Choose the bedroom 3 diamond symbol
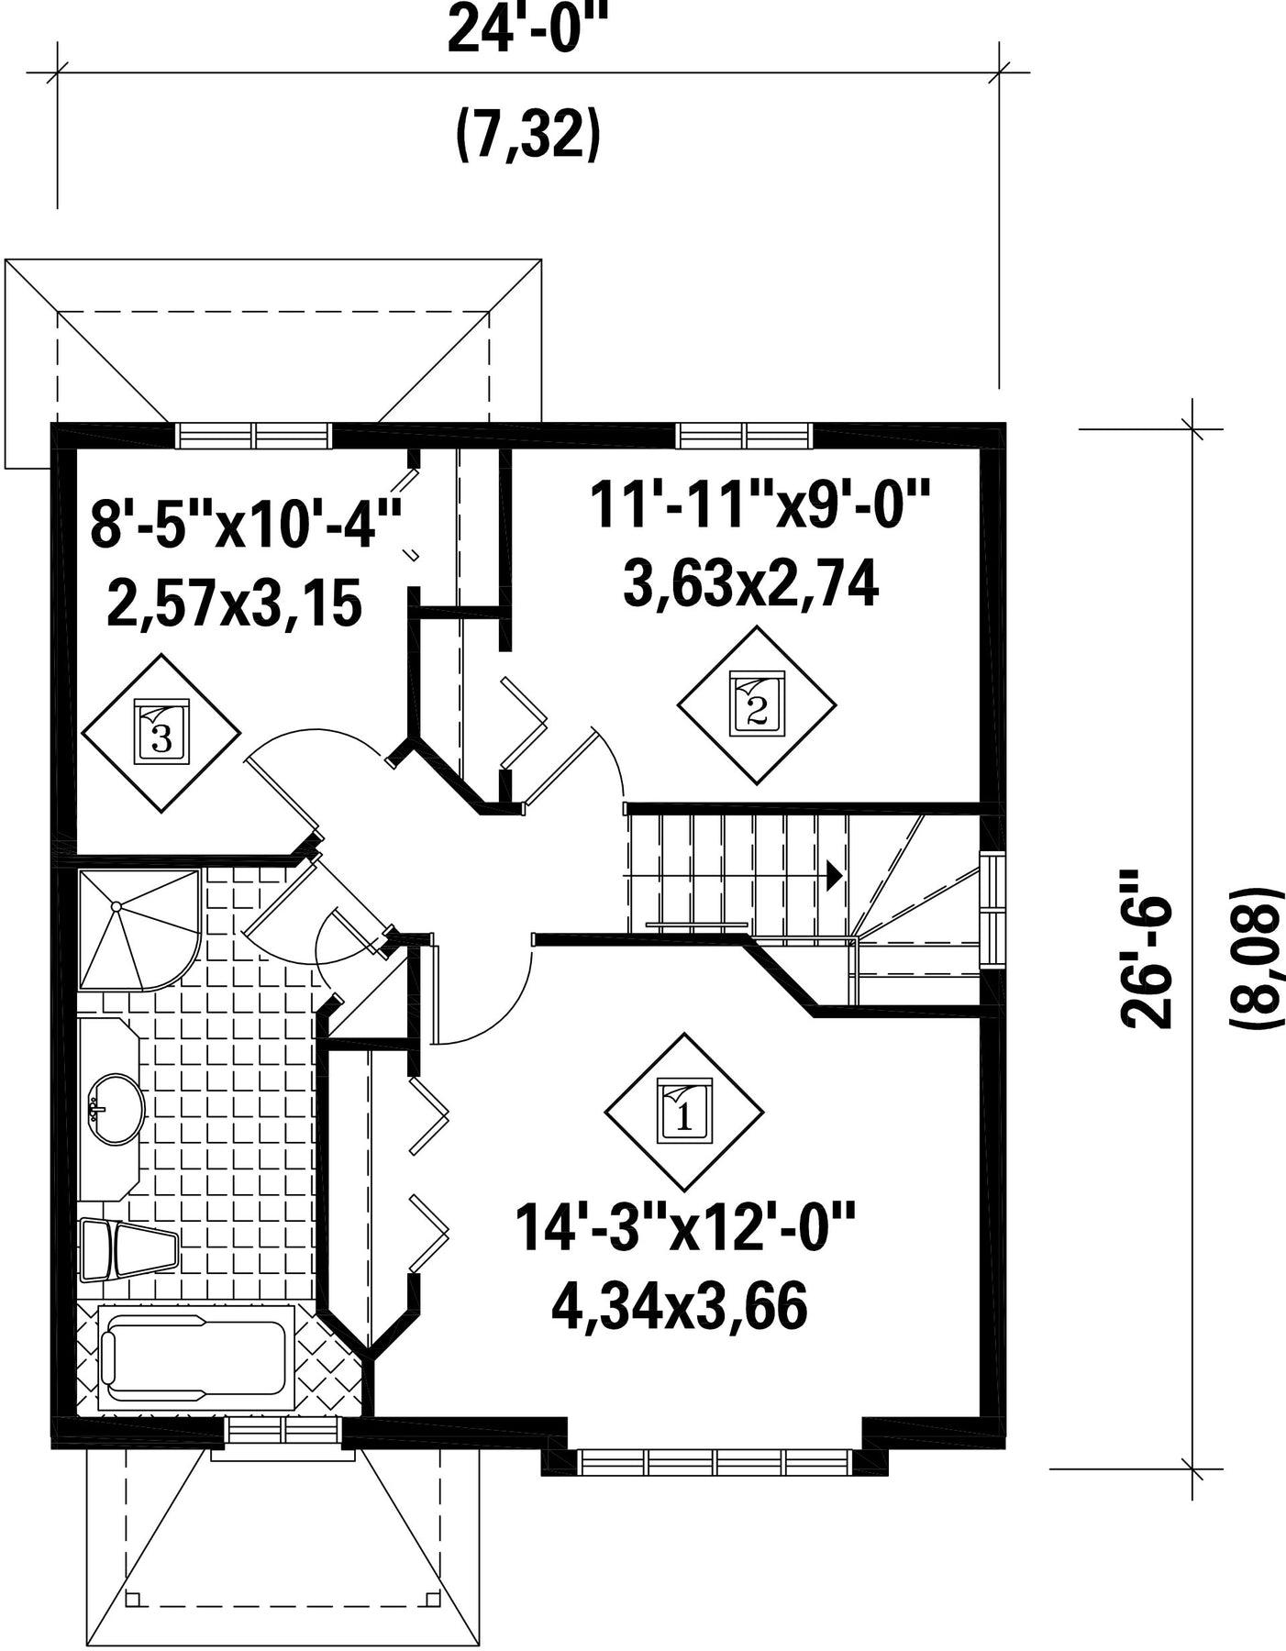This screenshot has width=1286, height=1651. pos(161,732)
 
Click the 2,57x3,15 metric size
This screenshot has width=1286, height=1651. pos(234,604)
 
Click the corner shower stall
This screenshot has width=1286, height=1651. pos(139,929)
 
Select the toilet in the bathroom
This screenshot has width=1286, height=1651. pos(127,1249)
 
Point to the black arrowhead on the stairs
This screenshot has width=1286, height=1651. pos(834,875)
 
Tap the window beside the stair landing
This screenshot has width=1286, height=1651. pos(992,910)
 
